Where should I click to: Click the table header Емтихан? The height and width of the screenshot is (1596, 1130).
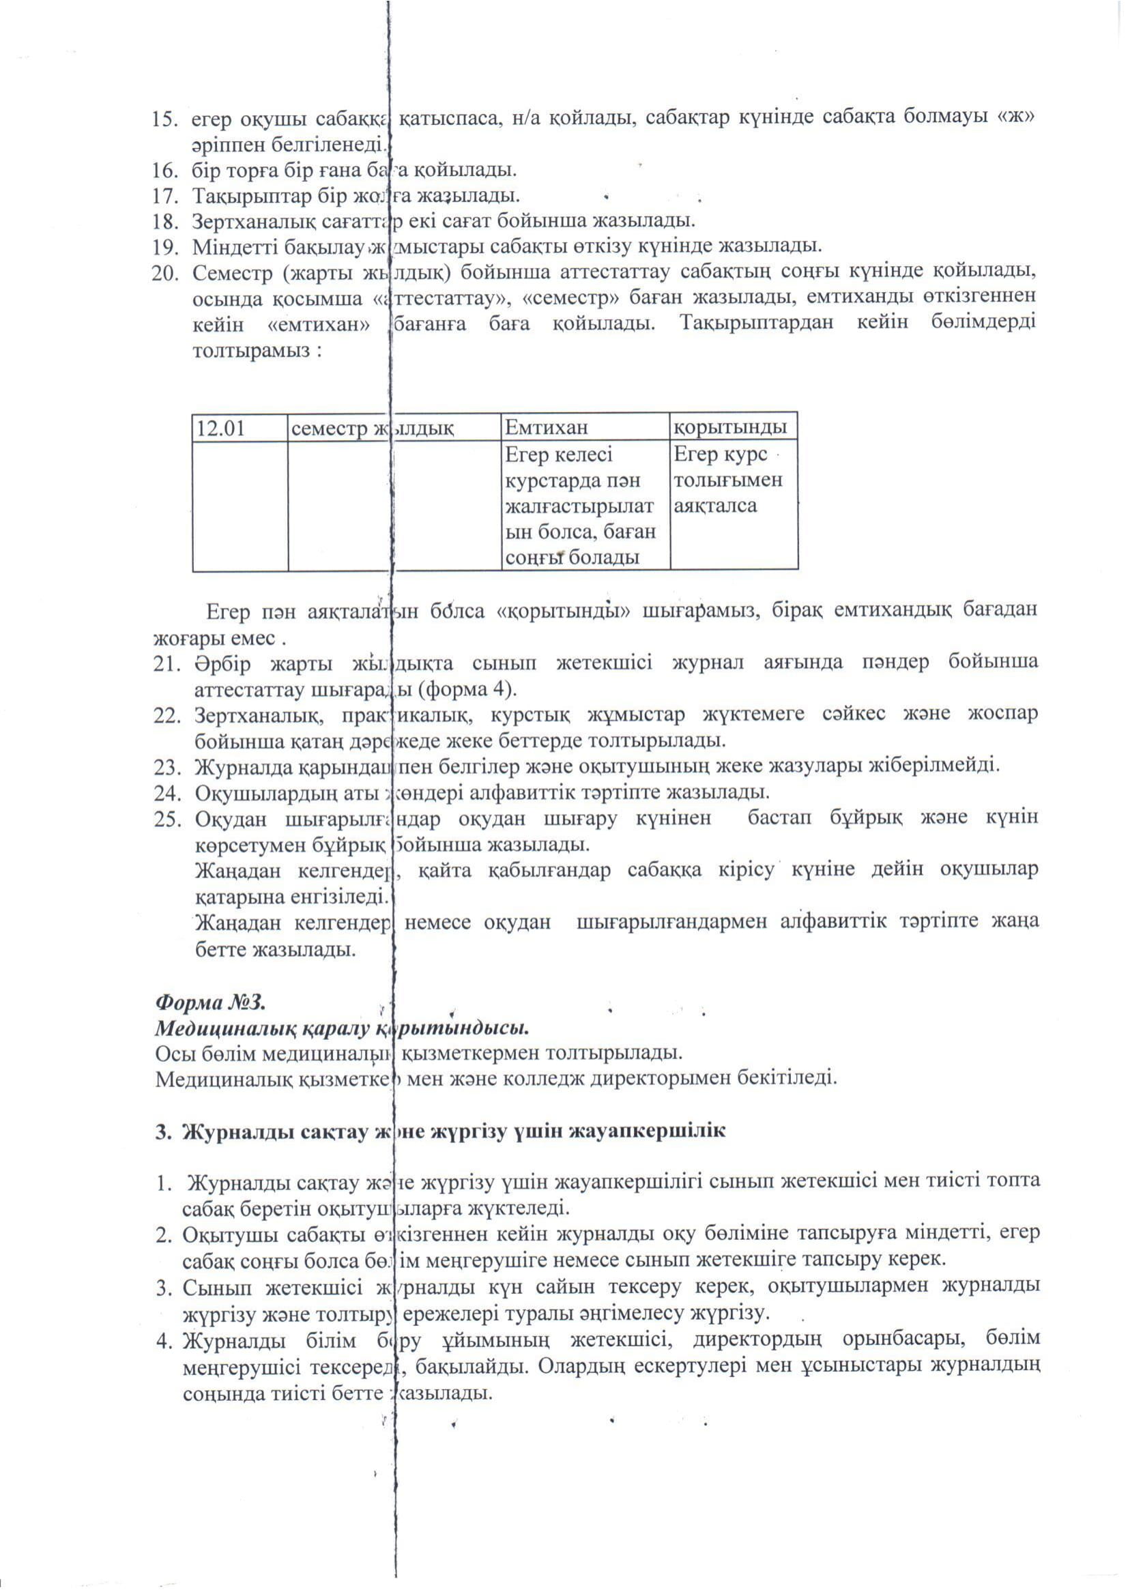[547, 427]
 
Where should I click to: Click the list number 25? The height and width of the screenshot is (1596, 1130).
[167, 818]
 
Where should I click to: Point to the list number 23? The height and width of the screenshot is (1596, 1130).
[167, 768]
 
